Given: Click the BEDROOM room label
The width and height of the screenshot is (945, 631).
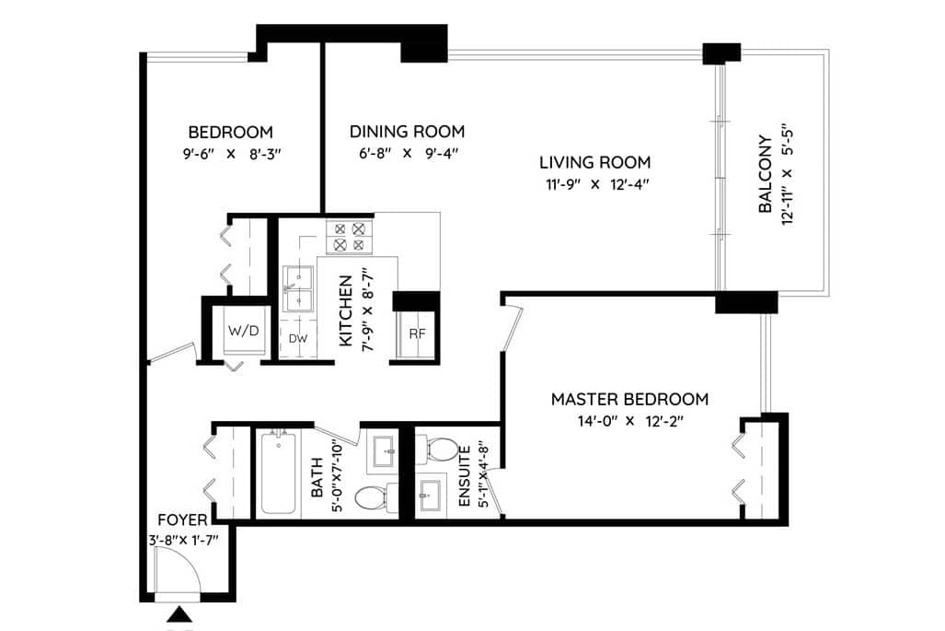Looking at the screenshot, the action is pyautogui.click(x=230, y=132).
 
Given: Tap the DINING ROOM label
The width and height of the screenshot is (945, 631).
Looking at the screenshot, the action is pyautogui.click(x=407, y=132).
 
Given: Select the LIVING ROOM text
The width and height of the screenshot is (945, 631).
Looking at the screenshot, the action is pyautogui.click(x=594, y=162).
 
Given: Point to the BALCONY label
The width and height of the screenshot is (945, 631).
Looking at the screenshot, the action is pyautogui.click(x=765, y=174).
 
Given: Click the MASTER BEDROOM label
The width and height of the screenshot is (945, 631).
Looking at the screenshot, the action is pyautogui.click(x=629, y=400).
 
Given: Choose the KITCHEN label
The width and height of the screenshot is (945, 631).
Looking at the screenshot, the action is pyautogui.click(x=345, y=310).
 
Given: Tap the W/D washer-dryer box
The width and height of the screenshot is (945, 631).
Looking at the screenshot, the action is pyautogui.click(x=243, y=331).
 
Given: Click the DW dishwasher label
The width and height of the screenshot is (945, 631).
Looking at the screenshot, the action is pyautogui.click(x=298, y=339).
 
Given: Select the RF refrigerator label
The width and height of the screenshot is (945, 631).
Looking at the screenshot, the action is pyautogui.click(x=417, y=334).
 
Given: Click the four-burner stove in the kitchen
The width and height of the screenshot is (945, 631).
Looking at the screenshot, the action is pyautogui.click(x=349, y=237).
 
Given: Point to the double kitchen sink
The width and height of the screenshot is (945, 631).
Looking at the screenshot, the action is pyautogui.click(x=298, y=288).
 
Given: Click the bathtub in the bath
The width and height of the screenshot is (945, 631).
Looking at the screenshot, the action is pyautogui.click(x=278, y=473).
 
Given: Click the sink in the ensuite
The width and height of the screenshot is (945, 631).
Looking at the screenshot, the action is pyautogui.click(x=431, y=496).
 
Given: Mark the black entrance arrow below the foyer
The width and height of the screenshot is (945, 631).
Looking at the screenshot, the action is pyautogui.click(x=179, y=615).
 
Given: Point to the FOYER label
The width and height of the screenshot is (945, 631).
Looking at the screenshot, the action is pyautogui.click(x=182, y=520).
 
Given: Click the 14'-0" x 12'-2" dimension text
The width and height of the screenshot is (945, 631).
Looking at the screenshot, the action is pyautogui.click(x=629, y=421).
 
